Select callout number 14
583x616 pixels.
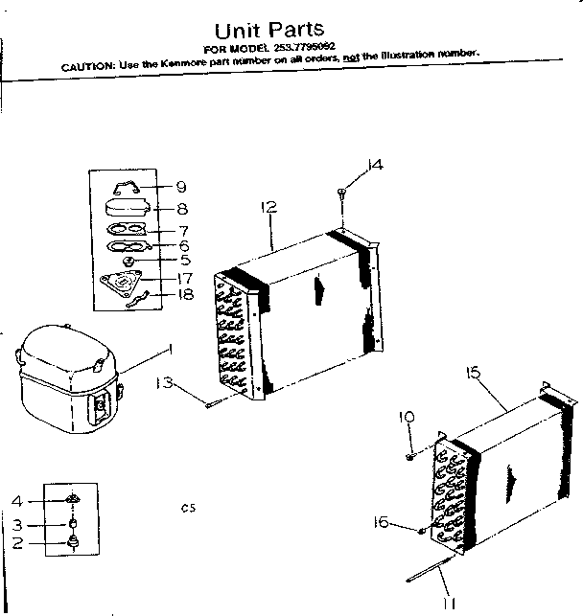click(x=374, y=165)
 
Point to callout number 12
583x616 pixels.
click(x=268, y=207)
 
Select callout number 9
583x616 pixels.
click(x=180, y=187)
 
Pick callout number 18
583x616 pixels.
click(x=185, y=295)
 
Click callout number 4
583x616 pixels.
click(x=16, y=500)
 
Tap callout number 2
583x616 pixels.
click(x=16, y=544)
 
